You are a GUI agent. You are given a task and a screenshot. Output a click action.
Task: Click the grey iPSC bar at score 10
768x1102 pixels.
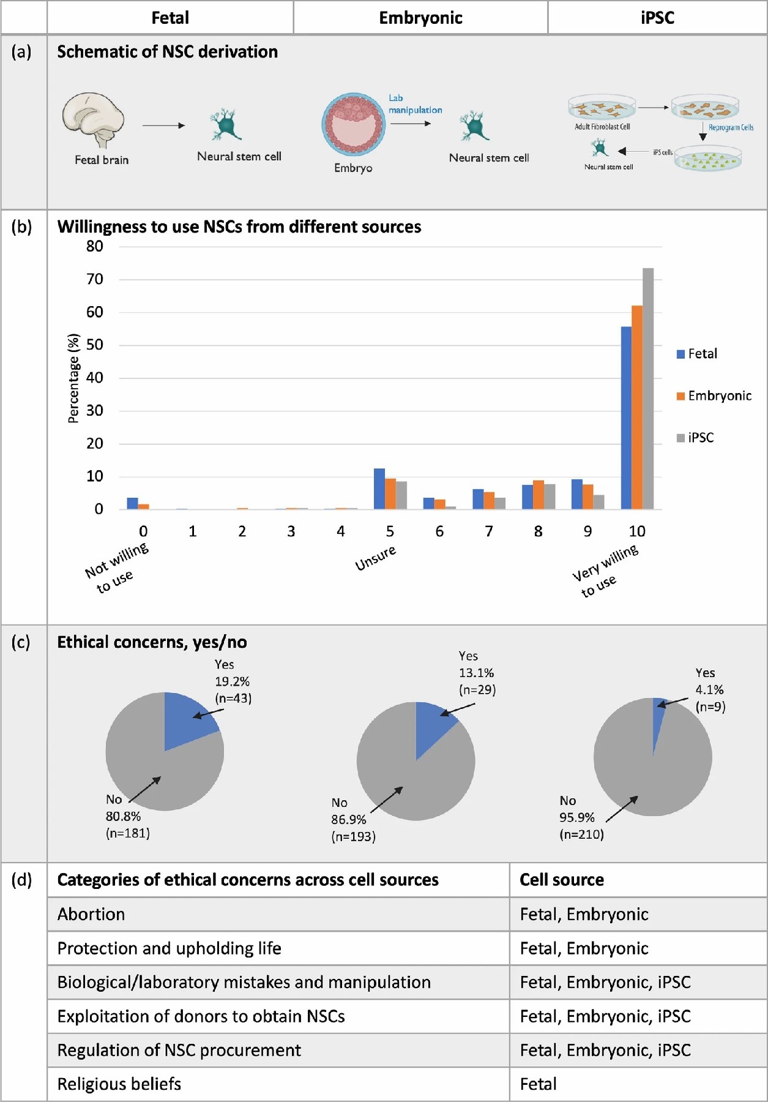pos(648,388)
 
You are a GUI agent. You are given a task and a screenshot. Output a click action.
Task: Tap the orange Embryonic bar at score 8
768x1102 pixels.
pos(539,495)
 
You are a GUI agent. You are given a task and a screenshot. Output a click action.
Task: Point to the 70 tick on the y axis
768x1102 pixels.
pos(95,279)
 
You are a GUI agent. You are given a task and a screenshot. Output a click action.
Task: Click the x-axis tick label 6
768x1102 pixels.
pos(439,531)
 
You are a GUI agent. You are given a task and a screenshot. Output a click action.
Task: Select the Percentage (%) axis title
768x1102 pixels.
pos(73,378)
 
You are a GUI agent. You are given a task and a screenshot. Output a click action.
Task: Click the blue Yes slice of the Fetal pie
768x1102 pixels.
pos(187,716)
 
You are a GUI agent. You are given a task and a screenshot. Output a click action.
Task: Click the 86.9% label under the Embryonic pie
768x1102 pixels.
pos(349,820)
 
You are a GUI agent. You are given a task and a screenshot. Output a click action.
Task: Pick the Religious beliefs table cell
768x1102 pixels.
pos(119,1084)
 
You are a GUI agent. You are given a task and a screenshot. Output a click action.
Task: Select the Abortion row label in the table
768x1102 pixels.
pos(91,915)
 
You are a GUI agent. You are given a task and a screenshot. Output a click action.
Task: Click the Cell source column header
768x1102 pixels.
pos(562,880)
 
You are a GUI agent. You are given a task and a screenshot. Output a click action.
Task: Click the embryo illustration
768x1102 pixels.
pos(354,124)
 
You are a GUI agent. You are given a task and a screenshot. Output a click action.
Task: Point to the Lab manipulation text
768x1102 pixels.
pos(414,104)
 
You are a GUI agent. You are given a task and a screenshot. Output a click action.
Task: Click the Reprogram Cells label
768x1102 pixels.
pos(731,127)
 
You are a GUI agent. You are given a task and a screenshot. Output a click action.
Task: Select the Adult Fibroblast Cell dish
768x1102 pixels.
pos(602,108)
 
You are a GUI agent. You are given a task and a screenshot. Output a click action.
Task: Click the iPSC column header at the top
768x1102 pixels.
pos(657,18)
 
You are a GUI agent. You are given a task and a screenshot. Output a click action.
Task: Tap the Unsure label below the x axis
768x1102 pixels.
pos(376,558)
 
